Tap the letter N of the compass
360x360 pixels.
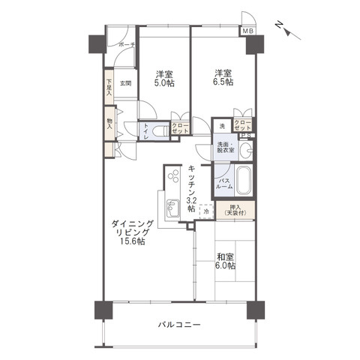[x=279, y=25]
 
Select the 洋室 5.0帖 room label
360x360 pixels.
[x=164, y=78]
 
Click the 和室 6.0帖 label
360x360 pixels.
[x=226, y=260]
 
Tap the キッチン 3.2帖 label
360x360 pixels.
[x=193, y=187]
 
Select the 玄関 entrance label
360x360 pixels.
[x=125, y=83]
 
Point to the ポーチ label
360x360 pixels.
[x=126, y=45]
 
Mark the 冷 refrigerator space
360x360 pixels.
[x=207, y=211]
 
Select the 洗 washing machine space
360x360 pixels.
[x=222, y=127]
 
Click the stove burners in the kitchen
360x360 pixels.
[x=173, y=179]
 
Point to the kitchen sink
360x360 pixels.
[x=170, y=208]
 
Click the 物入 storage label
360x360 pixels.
[x=109, y=123]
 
